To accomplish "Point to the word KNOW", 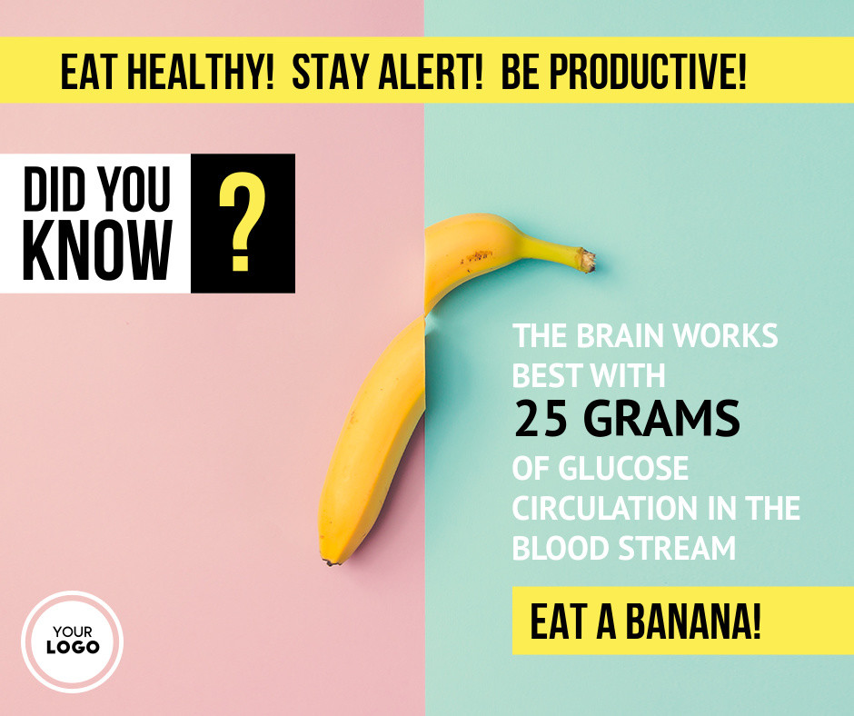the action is (x=97, y=250).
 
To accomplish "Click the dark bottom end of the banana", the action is (x=330, y=562).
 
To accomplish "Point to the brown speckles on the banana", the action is (x=478, y=255).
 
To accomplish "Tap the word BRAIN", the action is (x=620, y=335).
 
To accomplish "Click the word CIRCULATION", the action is (x=605, y=509).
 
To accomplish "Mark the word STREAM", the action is (x=677, y=548).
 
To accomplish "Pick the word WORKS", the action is (x=726, y=335).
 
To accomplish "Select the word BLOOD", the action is (x=560, y=548).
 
